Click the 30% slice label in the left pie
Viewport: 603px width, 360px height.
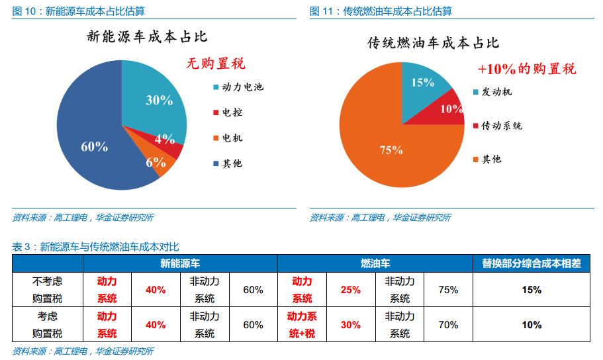pyautogui.click(x=159, y=101)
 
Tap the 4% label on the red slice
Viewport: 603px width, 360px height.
pyautogui.click(x=165, y=139)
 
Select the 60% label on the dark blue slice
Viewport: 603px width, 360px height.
pyautogui.click(x=94, y=147)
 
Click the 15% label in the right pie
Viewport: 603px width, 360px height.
pyautogui.click(x=422, y=83)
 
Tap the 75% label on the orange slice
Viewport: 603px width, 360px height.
pyautogui.click(x=391, y=150)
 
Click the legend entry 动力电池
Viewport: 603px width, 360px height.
pyautogui.click(x=238, y=87)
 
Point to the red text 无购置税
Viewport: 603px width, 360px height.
pyautogui.click(x=216, y=64)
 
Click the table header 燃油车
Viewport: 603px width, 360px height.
pyautogui.click(x=375, y=263)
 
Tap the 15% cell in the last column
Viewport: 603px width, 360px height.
pyautogui.click(x=532, y=290)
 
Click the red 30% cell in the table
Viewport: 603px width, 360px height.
pyautogui.click(x=351, y=325)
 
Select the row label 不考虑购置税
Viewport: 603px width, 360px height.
pyautogui.click(x=48, y=290)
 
